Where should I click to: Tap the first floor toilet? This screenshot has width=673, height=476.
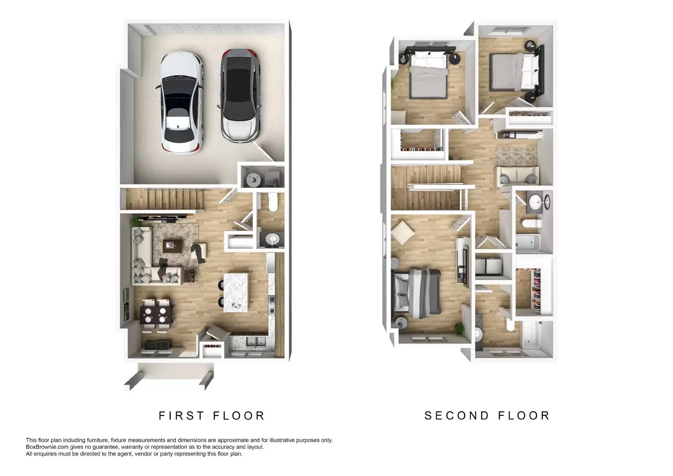[x=272, y=202]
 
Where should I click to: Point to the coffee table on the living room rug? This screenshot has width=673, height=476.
[x=171, y=245]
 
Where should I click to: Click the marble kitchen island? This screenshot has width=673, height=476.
[x=236, y=292]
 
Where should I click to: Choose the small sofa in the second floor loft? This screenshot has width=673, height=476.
[x=517, y=176]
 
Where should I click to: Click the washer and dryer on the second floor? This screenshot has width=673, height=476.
[x=493, y=266]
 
